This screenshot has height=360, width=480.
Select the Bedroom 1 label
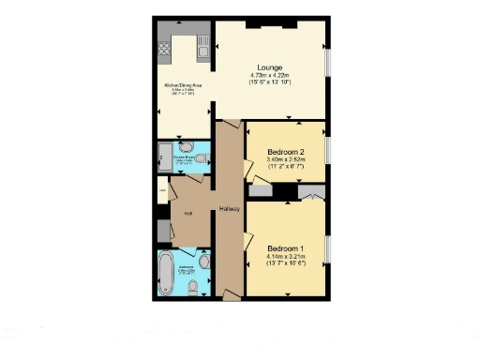[x=287, y=247]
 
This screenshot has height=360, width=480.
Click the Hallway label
[x=230, y=208]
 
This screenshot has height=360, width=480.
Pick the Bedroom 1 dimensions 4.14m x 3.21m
[x=287, y=256]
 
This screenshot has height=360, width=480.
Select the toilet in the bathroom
[x=191, y=290]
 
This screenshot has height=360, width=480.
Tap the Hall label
[x=188, y=214]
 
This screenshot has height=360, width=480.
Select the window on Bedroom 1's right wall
[x=327, y=250]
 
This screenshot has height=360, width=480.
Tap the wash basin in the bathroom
[x=202, y=259]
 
